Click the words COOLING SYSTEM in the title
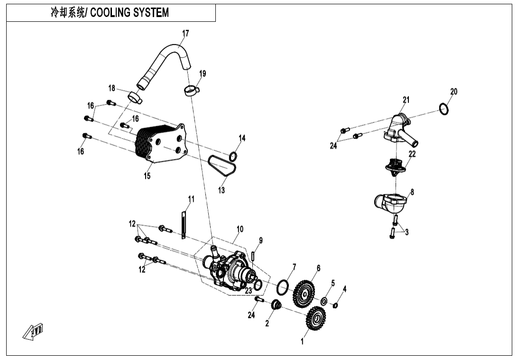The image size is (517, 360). pos(129,13)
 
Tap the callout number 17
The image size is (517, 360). pos(185,33)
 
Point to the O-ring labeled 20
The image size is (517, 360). pos(443,109)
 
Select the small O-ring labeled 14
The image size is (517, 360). pos(233,156)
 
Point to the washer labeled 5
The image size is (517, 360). pos(324,301)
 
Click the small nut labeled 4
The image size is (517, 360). pos(335,305)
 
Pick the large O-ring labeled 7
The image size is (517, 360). pos(283,286)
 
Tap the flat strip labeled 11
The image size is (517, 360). pos(182,223)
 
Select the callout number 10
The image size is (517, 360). pos(240,229)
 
